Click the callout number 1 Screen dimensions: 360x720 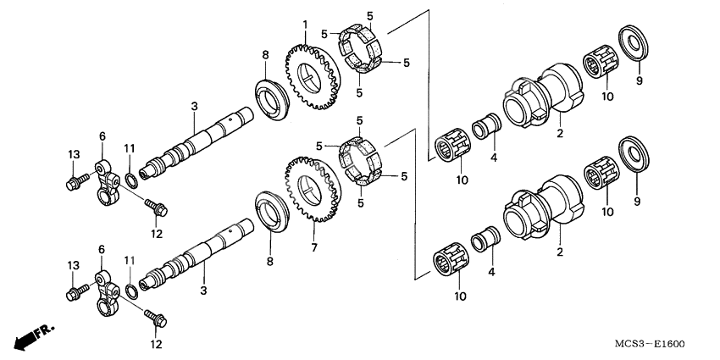(x=306, y=22)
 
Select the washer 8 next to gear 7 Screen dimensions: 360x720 (x=273, y=211)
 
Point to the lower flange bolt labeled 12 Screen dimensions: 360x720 (x=157, y=319)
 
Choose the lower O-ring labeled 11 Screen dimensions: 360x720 (x=132, y=291)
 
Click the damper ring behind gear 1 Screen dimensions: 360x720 (x=362, y=56)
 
